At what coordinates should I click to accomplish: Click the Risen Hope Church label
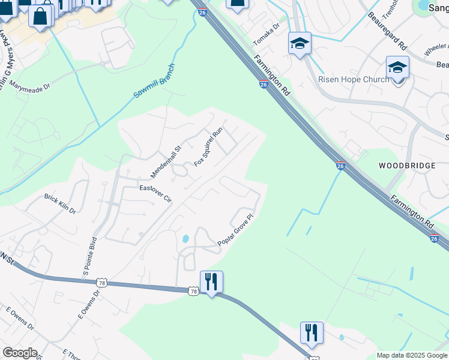[355, 79]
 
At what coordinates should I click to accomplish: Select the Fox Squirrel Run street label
[209, 147]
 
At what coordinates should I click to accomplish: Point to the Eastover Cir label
[155, 195]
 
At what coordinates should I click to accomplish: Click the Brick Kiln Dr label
[60, 203]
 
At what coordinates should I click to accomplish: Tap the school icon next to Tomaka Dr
[300, 43]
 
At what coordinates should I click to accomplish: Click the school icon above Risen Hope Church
[397, 67]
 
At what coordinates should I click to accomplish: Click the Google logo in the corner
[20, 353]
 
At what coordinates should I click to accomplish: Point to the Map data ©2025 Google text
[412, 355]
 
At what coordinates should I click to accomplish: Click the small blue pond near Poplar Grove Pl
[185, 239]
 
